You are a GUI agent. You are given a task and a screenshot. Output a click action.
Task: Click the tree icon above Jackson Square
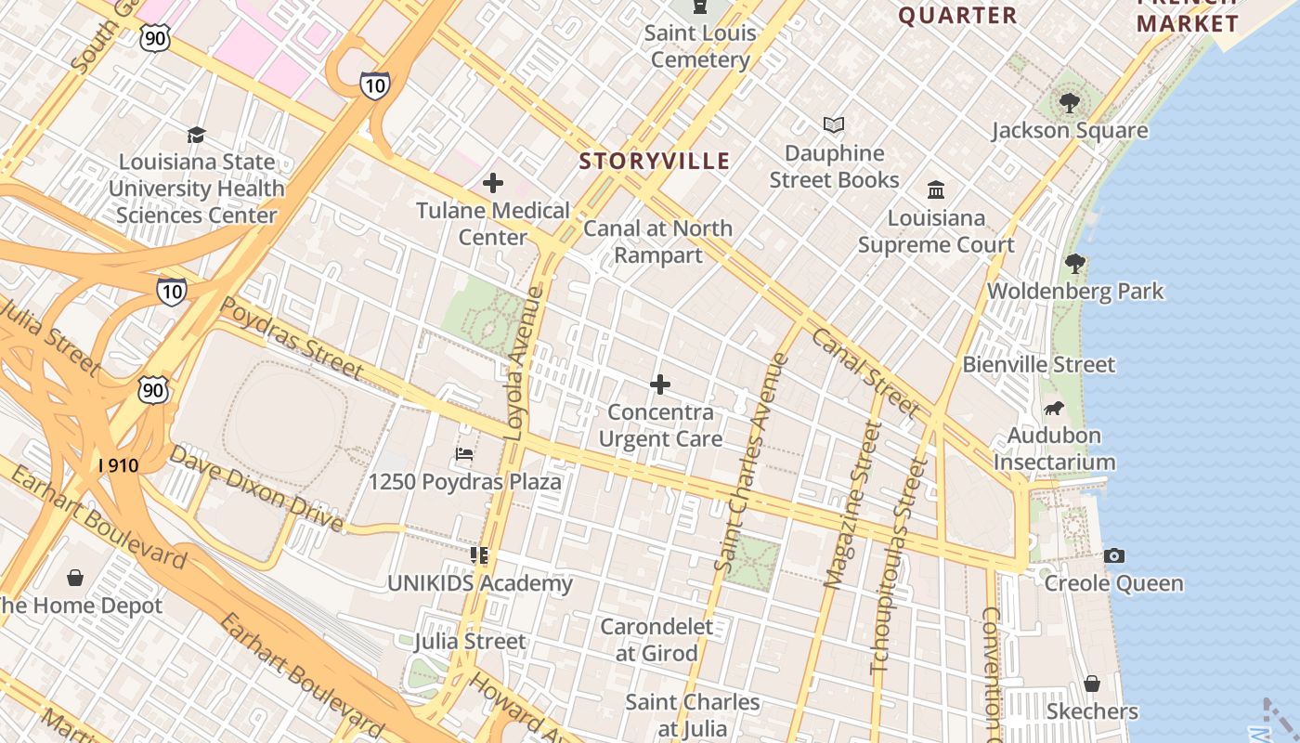click(1070, 103)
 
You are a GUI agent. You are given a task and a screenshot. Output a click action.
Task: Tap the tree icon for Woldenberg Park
click(1075, 264)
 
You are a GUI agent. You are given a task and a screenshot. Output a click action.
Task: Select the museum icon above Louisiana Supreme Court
click(936, 190)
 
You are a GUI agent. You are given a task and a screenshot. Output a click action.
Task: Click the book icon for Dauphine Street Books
click(834, 125)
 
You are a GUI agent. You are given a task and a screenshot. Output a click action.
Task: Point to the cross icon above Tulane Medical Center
click(493, 183)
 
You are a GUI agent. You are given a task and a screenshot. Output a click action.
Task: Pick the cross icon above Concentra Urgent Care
click(660, 385)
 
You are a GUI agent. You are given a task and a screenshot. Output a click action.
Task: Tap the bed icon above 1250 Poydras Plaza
click(464, 454)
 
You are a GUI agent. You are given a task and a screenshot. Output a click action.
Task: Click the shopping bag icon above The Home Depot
click(75, 578)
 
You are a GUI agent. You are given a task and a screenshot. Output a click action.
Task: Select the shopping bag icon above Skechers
click(1092, 684)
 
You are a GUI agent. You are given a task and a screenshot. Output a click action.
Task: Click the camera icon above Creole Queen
click(1114, 555)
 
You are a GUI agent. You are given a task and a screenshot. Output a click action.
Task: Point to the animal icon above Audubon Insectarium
click(1054, 408)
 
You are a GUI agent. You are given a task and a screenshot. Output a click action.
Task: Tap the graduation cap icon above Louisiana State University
click(196, 135)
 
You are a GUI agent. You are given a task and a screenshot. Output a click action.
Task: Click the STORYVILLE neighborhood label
click(655, 161)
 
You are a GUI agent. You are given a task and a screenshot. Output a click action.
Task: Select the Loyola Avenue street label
click(524, 363)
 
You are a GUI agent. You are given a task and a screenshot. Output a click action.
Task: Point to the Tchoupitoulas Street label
click(899, 566)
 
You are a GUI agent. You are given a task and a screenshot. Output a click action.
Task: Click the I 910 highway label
click(118, 464)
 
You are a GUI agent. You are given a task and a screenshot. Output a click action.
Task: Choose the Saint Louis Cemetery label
click(700, 46)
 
